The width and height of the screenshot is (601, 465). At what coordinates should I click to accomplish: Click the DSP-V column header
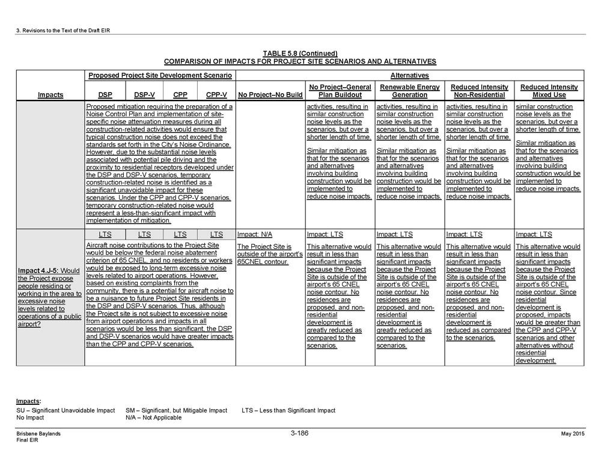(144, 95)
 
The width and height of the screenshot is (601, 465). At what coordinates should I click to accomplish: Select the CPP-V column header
(216, 95)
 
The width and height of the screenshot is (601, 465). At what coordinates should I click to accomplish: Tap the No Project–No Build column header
(270, 95)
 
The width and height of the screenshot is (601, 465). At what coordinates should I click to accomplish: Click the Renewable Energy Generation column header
(409, 91)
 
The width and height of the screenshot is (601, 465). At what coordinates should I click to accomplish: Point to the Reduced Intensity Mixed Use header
(549, 91)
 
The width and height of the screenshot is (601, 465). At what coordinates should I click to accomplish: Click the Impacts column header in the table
(50, 95)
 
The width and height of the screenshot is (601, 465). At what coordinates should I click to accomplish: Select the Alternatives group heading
(409, 76)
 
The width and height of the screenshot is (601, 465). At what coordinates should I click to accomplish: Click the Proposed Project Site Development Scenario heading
(160, 76)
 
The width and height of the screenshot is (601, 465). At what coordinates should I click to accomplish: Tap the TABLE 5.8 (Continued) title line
(300, 54)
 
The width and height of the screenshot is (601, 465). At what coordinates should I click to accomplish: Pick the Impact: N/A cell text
(255, 234)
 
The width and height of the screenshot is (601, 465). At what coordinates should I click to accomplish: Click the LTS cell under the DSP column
(105, 234)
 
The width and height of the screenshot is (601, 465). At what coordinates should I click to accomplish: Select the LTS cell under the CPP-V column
(216, 234)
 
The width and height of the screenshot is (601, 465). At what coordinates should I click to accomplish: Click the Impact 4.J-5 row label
(50, 297)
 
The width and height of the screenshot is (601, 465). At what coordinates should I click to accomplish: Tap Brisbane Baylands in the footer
(38, 434)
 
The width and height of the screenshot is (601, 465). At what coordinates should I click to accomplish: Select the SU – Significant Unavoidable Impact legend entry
(66, 410)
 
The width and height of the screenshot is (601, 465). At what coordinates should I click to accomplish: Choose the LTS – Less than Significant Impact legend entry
(288, 410)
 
